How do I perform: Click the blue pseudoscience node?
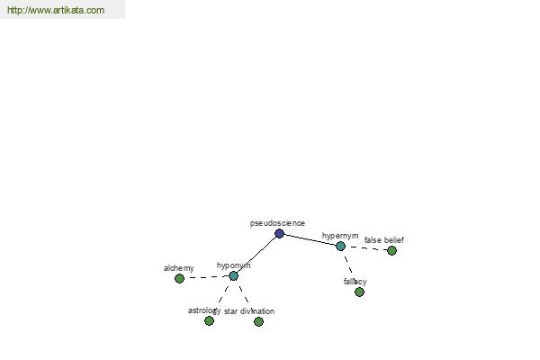279,234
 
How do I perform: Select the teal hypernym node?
340,246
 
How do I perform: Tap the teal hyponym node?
233,275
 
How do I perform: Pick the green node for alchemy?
179,278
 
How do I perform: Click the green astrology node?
209,320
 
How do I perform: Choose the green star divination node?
258,321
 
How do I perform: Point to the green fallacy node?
359,292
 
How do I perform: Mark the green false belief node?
391,250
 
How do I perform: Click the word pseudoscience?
277,223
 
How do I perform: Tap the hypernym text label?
340,236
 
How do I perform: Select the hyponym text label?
233,265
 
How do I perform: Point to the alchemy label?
179,268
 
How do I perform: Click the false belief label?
384,240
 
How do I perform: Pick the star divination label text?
249,311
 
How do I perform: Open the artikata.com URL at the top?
56,10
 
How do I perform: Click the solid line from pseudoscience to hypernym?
310,239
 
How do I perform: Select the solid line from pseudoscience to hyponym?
256,255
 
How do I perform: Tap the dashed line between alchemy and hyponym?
207,277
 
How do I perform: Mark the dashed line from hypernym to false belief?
365,248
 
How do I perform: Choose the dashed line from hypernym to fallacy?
348,266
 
